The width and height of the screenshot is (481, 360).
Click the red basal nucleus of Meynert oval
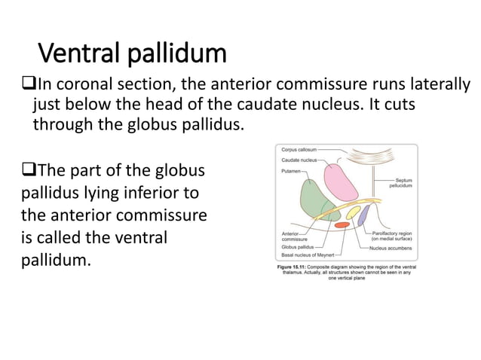[342, 224]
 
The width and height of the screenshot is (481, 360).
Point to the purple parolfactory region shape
[363, 218]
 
